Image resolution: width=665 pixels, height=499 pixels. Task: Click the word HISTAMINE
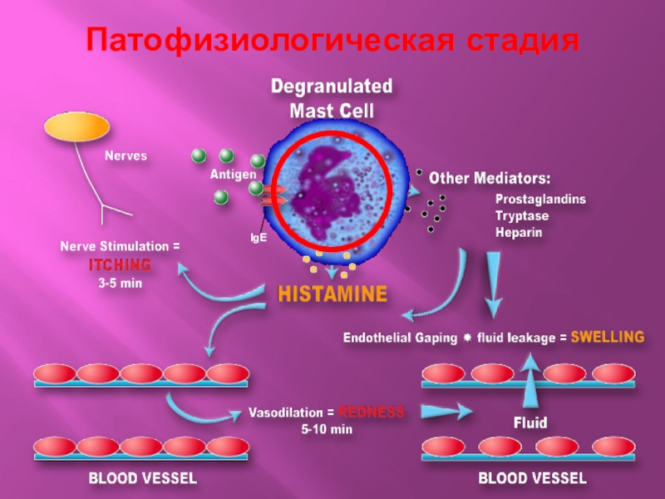(332, 294)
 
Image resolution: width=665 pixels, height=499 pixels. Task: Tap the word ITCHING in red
(121, 265)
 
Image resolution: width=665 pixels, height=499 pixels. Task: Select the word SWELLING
(608, 337)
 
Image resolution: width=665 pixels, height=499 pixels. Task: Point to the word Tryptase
(522, 216)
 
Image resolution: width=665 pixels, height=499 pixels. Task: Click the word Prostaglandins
(540, 200)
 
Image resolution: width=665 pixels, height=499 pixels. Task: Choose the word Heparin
(518, 232)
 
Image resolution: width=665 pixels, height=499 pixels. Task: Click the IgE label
(259, 237)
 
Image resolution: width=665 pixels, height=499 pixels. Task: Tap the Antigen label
(233, 175)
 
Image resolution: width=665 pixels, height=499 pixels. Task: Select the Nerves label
(126, 156)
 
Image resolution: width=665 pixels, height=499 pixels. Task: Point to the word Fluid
(530, 422)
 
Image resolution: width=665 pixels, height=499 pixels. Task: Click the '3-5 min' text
(121, 283)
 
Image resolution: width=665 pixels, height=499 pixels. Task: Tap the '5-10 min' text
(327, 429)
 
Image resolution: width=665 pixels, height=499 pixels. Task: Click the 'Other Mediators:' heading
(490, 178)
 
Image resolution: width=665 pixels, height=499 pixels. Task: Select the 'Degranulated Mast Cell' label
(332, 98)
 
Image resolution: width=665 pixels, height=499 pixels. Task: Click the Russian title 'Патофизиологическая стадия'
(332, 39)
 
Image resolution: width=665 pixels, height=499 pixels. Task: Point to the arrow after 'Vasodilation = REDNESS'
(446, 411)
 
